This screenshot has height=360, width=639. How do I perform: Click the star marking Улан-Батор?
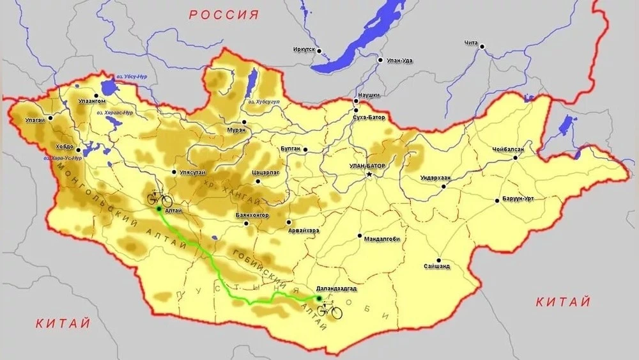369,174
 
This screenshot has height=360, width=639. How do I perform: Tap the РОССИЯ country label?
224,15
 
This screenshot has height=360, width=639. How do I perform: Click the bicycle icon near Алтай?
159,200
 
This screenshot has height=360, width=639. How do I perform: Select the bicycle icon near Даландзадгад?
329,311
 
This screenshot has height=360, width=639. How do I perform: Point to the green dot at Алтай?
158,208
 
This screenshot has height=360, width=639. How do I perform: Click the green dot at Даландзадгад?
319,298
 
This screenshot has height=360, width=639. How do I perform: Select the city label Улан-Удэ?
399,60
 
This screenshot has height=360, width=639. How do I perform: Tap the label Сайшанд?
436,265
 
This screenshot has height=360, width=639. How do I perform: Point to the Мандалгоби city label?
381,240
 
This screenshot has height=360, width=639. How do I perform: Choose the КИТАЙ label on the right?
563,302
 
